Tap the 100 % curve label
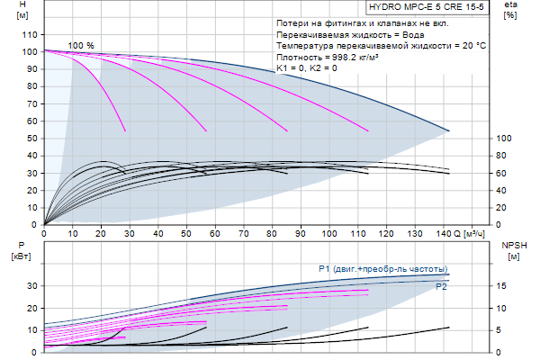pyautogui.click(x=81, y=46)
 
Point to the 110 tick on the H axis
pyautogui.click(x=27, y=34)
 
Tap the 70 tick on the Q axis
pyautogui.click(x=243, y=234)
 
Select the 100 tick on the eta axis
pyautogui.click(x=504, y=138)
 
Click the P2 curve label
pyautogui.click(x=441, y=287)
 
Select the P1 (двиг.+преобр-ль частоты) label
pyautogui.click(x=382, y=269)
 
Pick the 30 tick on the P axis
pyautogui.click(x=30, y=285)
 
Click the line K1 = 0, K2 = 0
pyautogui.click(x=307, y=68)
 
